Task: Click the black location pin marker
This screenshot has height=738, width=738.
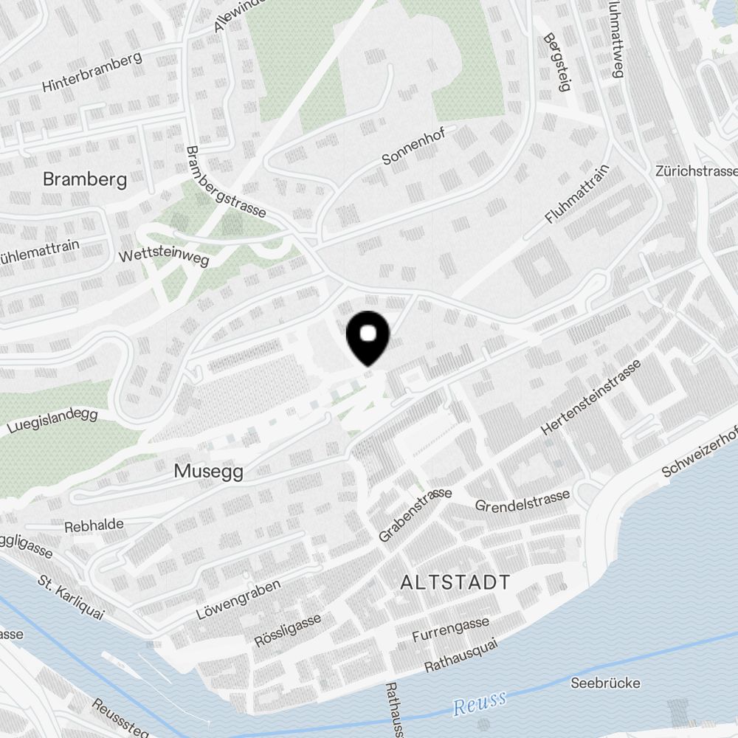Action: click(x=368, y=337)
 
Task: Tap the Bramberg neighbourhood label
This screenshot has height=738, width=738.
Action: click(x=85, y=179)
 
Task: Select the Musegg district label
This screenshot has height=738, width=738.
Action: click(x=209, y=471)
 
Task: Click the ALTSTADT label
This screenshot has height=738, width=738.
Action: click(x=455, y=582)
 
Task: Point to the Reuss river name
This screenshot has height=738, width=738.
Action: click(x=480, y=702)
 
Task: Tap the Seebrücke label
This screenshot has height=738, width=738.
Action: click(x=606, y=683)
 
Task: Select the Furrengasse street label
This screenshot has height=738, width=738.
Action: click(x=450, y=630)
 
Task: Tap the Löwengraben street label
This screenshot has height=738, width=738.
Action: click(x=238, y=600)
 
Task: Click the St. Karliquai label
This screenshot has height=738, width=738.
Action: click(x=71, y=598)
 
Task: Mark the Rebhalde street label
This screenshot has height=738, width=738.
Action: click(x=94, y=525)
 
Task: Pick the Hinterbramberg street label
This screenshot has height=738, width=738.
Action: click(x=92, y=73)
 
